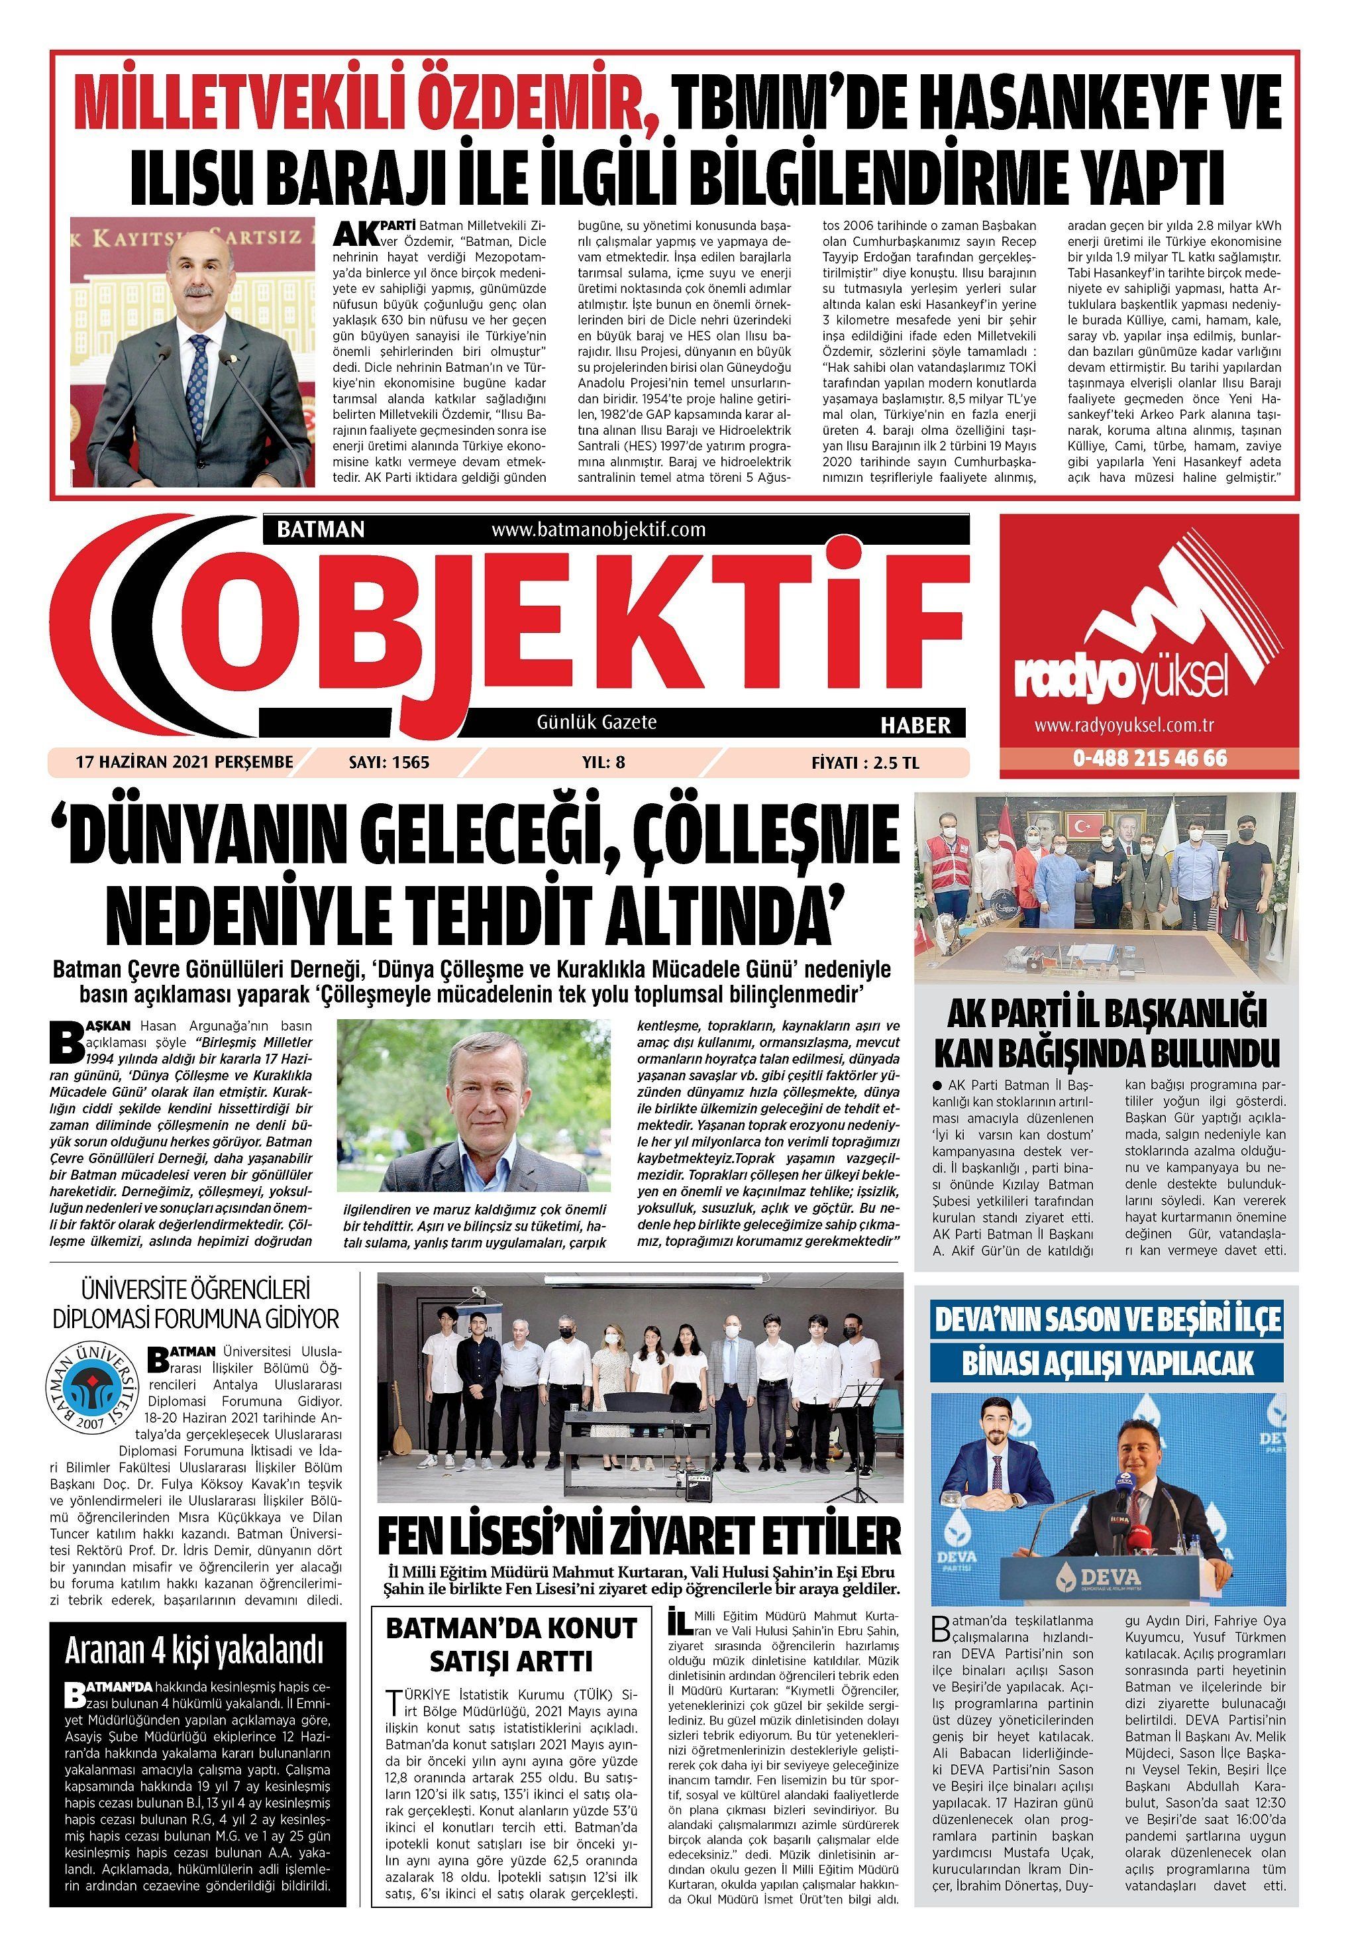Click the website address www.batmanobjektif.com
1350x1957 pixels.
coord(598,530)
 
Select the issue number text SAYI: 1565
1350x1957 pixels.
coord(389,762)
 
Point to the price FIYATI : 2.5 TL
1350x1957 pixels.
coord(864,762)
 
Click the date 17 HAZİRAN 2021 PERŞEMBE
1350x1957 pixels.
coord(184,761)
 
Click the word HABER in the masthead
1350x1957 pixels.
coord(916,724)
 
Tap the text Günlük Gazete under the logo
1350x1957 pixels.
coord(596,722)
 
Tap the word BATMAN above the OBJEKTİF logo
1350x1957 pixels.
coord(321,530)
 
